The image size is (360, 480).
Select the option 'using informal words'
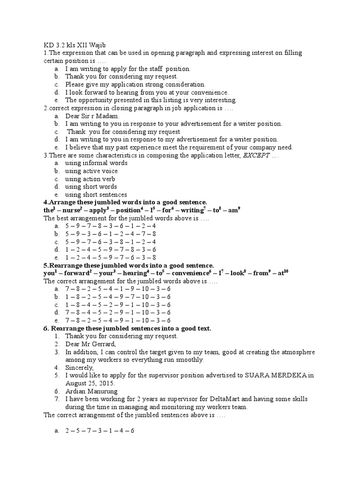96,163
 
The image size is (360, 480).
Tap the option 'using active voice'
91,171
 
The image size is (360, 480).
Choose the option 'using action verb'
90,179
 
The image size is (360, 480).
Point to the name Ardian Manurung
91,391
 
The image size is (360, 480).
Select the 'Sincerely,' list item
80,367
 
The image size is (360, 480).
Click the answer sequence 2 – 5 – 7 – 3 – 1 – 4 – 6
100,430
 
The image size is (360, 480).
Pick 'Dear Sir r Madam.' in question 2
92,116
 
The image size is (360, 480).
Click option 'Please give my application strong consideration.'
135,84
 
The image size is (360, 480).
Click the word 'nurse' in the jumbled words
72,210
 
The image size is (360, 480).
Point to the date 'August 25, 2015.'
90,383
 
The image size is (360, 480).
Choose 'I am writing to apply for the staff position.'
127,69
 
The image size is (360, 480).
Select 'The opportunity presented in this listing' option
151,100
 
